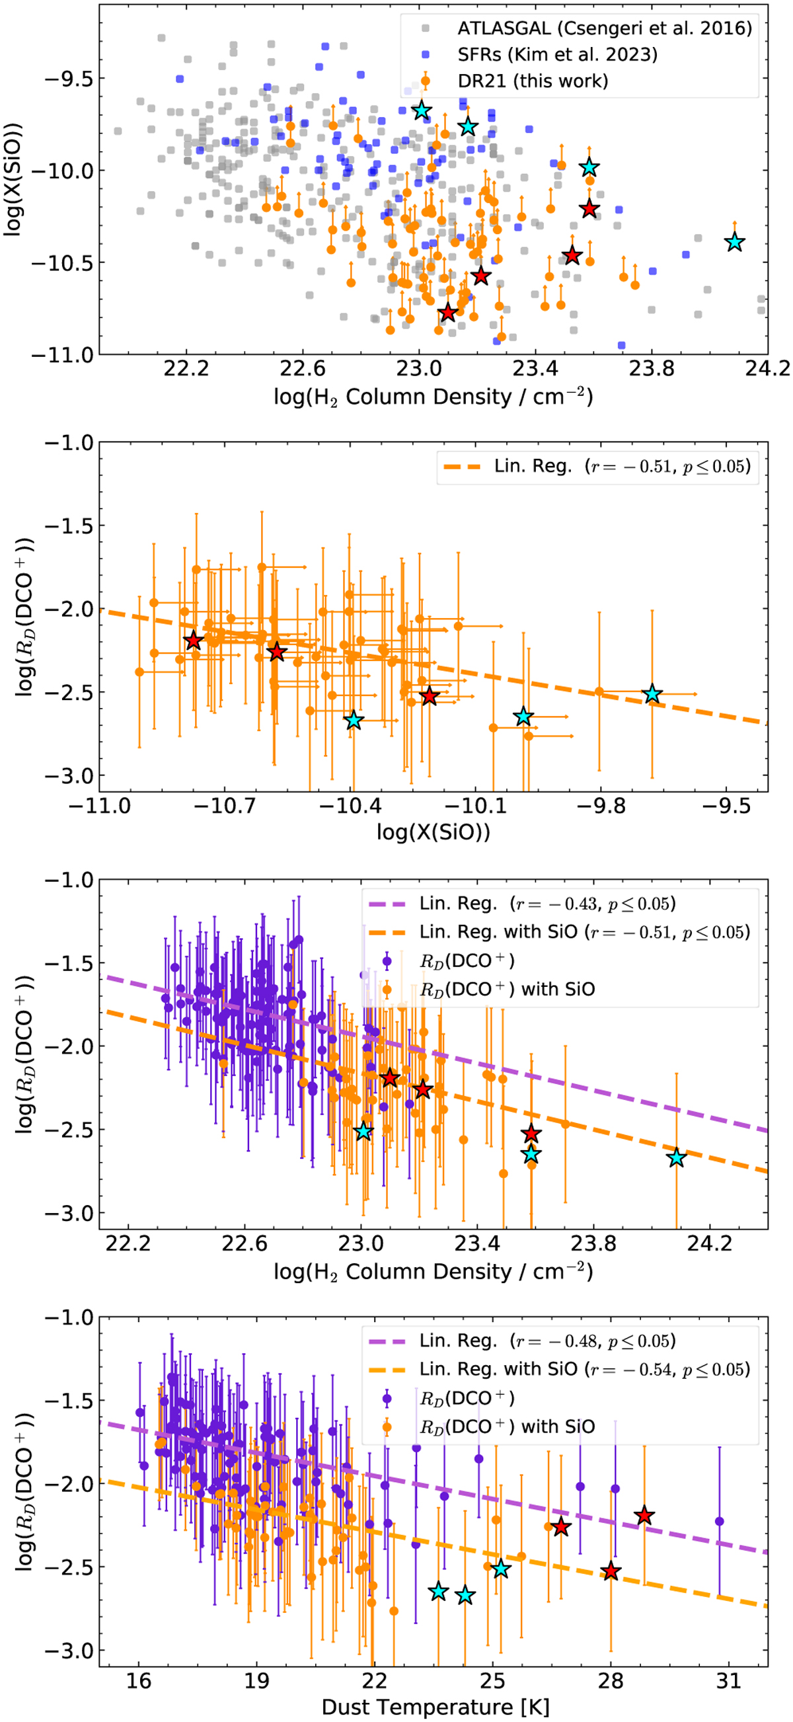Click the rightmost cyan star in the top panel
click(734, 242)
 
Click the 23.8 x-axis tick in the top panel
click(652, 368)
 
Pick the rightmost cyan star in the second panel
click(652, 695)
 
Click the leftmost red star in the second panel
click(194, 641)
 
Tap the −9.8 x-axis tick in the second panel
click(601, 806)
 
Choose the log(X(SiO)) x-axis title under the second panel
click(433, 832)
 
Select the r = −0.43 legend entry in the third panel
click(547, 904)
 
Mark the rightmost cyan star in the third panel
click(677, 1157)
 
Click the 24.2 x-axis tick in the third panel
click(710, 1243)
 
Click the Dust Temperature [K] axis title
click(435, 1707)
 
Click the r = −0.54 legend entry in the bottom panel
click(584, 1369)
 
